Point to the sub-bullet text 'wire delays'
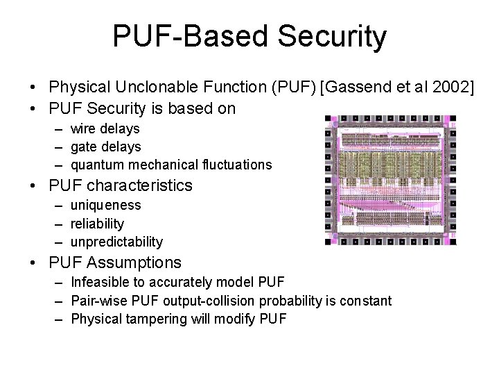[105, 128]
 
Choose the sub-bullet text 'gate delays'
[105, 147]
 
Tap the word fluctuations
[235, 165]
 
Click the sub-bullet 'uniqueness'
[105, 206]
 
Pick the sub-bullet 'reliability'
[98, 224]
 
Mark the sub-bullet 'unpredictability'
[116, 242]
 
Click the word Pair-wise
[98, 301]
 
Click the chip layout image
[392, 181]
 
